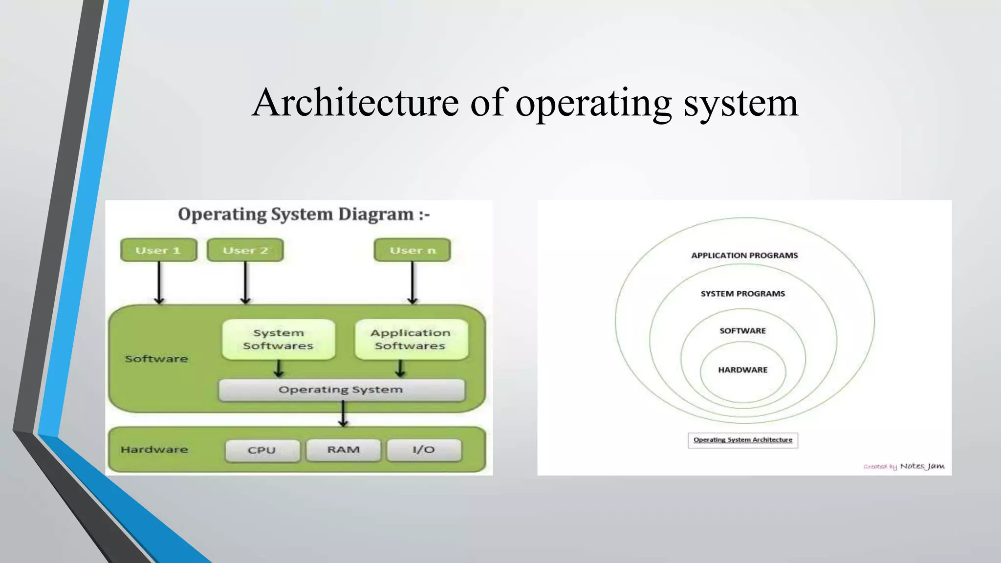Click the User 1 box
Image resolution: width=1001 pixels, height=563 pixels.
click(158, 250)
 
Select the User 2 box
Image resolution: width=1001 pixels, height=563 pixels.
click(245, 250)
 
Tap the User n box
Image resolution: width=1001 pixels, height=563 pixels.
click(412, 250)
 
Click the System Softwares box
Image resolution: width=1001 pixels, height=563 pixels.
click(279, 340)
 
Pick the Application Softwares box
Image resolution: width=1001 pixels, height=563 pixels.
click(411, 340)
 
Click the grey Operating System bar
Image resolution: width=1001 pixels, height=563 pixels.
click(341, 390)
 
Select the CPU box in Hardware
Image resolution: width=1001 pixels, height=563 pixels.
click(262, 450)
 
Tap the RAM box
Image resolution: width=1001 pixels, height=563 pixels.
click(343, 450)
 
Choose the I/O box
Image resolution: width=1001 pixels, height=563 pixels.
click(424, 450)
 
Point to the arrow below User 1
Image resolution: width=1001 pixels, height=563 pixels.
click(159, 282)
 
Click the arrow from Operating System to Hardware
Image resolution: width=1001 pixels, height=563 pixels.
click(343, 413)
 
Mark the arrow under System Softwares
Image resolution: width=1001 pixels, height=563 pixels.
click(279, 369)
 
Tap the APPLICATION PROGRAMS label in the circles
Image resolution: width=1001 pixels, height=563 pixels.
click(744, 256)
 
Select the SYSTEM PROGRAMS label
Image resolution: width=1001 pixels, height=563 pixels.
click(742, 294)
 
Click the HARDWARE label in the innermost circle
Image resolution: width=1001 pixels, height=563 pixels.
click(742, 370)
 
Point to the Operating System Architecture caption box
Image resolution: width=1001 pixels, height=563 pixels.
click(742, 440)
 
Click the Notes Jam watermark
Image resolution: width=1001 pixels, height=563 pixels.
click(922, 466)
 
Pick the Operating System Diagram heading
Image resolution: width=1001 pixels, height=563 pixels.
click(304, 214)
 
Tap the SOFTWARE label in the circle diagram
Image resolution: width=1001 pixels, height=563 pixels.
click(742, 331)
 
